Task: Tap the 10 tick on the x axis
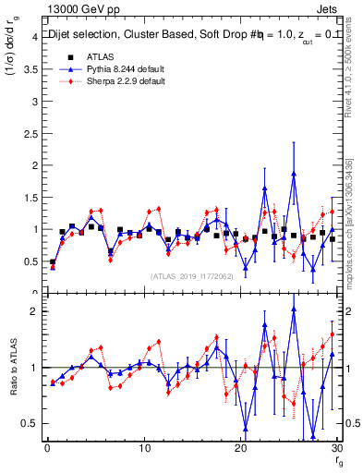pos(144,448)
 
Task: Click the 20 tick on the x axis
pos(241,448)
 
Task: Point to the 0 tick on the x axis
pos(47,448)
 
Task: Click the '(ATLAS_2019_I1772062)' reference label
pos(190,276)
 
